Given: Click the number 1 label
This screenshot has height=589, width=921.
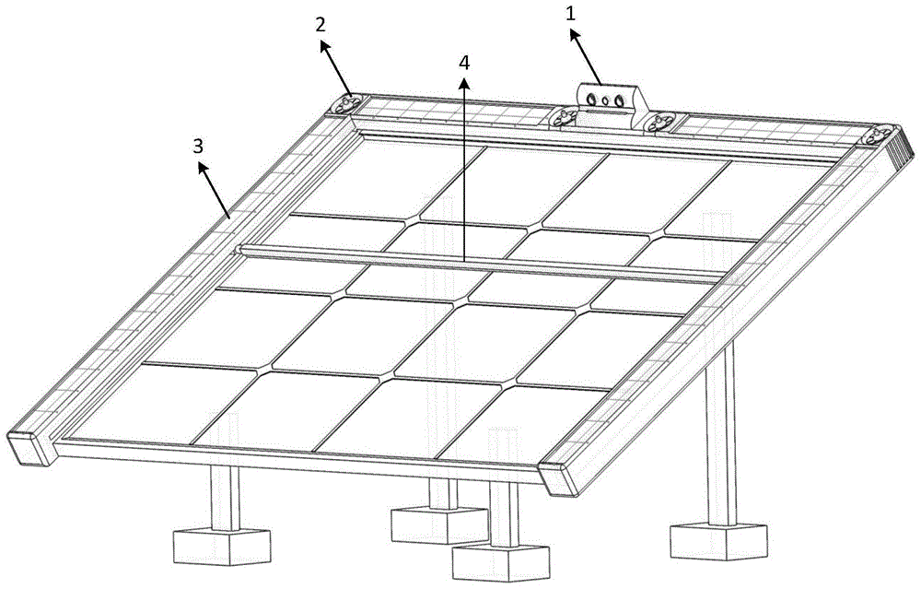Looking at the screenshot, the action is tap(570, 14).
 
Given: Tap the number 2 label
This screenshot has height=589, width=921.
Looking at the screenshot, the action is tap(321, 25).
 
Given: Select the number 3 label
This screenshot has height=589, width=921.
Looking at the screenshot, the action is tap(198, 147).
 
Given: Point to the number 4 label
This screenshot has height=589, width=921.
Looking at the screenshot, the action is tap(464, 63).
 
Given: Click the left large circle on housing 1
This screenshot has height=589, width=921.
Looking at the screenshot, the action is tap(592, 100).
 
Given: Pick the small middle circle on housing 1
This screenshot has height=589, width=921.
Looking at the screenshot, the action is tap(606, 101).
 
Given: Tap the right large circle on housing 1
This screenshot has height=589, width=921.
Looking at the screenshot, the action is tap(618, 101).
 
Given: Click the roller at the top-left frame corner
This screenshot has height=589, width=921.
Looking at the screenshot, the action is tap(346, 106).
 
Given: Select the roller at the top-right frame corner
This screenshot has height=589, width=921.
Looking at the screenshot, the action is tap(880, 135).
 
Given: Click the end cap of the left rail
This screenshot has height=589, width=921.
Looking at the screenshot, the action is tap(29, 450).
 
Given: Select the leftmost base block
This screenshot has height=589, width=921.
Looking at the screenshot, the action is tap(222, 547).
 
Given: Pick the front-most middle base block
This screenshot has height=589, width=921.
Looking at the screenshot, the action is tap(501, 564).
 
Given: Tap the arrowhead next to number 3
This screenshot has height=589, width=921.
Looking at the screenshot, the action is tap(204, 168).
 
